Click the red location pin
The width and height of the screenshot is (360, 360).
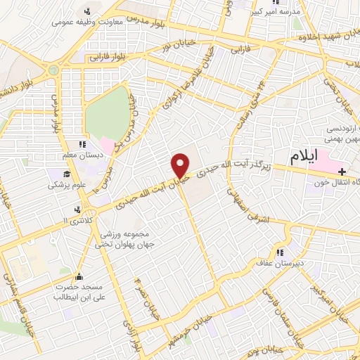click(x=181, y=165)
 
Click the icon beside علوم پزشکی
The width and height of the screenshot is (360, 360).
click(x=67, y=174)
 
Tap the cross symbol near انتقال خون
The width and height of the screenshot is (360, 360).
click(x=342, y=172)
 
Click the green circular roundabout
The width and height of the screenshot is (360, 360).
click(x=53, y=70)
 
